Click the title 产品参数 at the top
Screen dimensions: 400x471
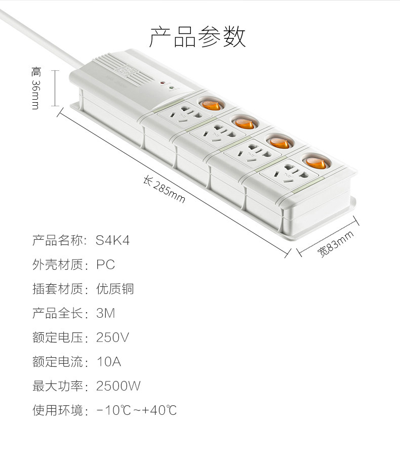(197, 36)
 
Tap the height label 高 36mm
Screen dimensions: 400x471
(36, 88)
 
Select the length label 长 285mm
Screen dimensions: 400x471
(164, 190)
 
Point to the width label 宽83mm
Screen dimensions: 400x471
(335, 244)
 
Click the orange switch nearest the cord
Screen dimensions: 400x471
(211, 105)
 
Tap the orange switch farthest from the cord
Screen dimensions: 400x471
(315, 162)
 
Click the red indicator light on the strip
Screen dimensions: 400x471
(162, 82)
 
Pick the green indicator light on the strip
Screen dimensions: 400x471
(171, 88)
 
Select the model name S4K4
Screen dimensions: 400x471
(113, 240)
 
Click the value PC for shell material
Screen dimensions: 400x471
(105, 265)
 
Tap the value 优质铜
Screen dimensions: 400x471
(115, 289)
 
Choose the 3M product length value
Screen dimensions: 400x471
(105, 313)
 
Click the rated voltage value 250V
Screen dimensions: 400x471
(112, 337)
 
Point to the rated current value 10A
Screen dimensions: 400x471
(109, 362)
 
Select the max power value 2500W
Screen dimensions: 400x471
(118, 386)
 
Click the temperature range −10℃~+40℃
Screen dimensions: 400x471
(137, 410)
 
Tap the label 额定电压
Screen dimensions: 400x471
(58, 337)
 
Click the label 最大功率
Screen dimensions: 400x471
(58, 386)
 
